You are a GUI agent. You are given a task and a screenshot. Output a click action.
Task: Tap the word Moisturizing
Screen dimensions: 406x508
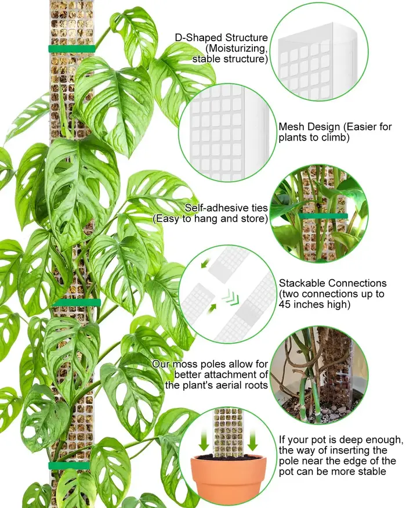237,49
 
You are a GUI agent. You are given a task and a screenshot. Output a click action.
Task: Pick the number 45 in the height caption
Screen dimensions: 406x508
285,305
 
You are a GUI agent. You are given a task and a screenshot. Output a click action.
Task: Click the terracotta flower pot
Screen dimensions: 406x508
229,474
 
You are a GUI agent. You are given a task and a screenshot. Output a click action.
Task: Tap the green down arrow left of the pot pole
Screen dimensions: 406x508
204,440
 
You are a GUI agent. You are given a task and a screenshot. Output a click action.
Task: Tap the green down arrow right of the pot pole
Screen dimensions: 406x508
252,440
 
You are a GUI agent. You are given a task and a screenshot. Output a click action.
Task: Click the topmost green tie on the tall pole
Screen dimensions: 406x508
71,49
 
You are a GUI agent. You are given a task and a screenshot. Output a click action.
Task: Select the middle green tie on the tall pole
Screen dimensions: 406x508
77,303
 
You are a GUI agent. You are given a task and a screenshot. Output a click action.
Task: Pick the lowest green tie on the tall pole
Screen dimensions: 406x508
69,466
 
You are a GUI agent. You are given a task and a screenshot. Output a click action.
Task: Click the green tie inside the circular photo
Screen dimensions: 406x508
323,216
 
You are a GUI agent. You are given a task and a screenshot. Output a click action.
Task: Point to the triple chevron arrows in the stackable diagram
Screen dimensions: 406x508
231,297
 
